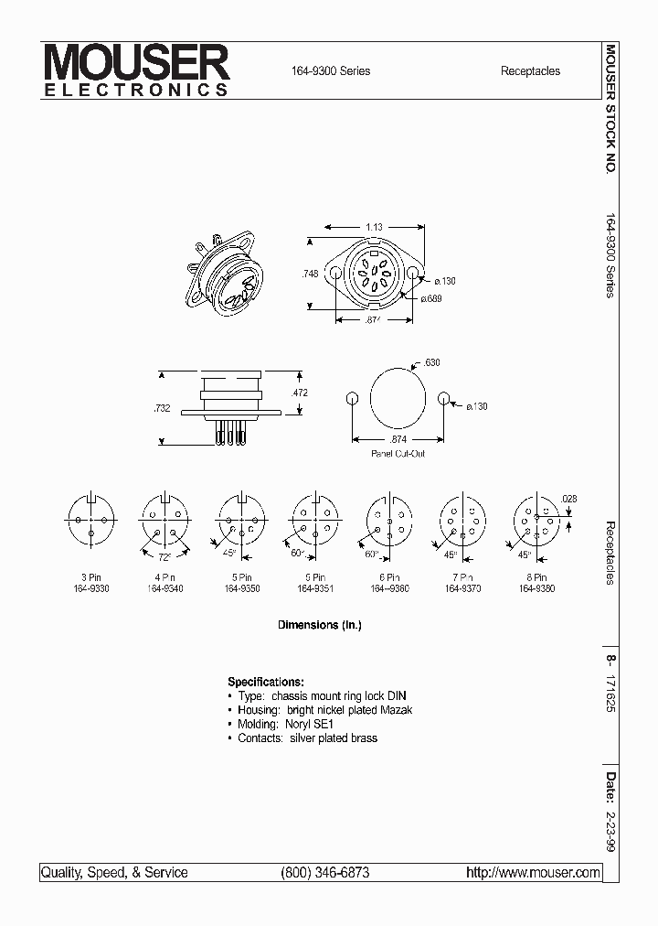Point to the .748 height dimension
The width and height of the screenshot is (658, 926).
312,273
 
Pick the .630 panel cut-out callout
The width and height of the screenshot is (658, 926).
432,363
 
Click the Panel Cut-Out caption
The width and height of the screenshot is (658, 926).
398,454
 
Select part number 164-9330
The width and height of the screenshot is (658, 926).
91,588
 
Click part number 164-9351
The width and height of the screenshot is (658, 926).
315,588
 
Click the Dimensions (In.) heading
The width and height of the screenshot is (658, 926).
319,626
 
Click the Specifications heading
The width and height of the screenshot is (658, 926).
265,683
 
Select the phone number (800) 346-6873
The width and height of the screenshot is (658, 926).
325,873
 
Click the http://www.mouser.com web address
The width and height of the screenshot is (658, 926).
533,873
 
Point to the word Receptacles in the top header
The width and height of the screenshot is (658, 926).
530,71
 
